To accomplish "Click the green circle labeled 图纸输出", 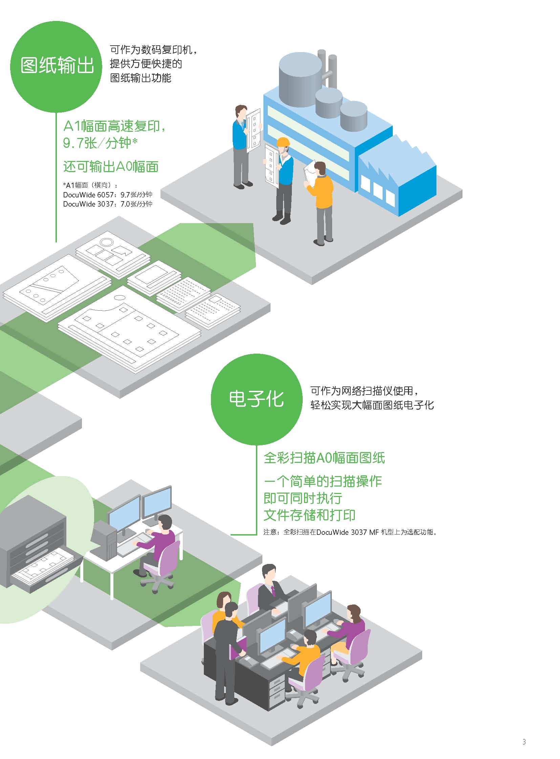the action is (56, 66).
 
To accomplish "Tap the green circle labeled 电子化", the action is (256, 400).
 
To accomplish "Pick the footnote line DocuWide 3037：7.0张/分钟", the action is (108, 204).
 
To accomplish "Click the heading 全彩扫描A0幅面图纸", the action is (324, 458).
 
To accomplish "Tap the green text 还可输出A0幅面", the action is (111, 167).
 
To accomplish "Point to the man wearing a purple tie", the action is (272, 588).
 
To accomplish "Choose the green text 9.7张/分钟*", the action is (100, 143).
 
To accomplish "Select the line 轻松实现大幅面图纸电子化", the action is (372, 405).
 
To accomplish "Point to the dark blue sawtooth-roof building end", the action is (397, 175).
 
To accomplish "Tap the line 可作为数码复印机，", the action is (154, 50).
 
